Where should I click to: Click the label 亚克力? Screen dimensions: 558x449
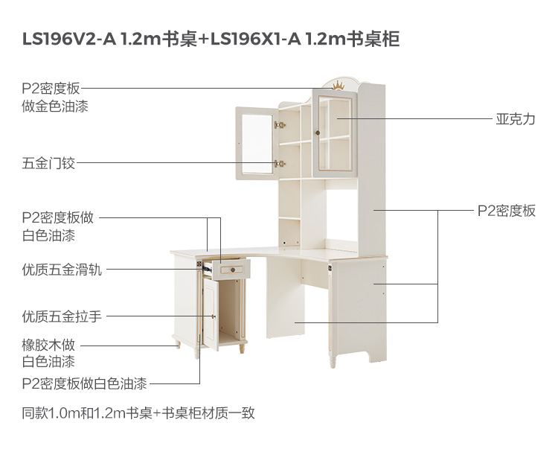(515, 119)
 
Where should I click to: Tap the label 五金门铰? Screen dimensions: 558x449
(48, 162)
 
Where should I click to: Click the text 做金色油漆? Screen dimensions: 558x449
(55, 106)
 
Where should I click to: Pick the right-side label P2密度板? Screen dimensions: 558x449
(506, 211)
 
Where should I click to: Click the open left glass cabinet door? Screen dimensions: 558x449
(255, 143)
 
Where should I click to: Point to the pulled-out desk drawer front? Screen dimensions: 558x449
(232, 269)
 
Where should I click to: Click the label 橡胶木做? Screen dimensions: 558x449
(48, 345)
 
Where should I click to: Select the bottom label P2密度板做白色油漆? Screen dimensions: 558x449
(84, 383)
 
